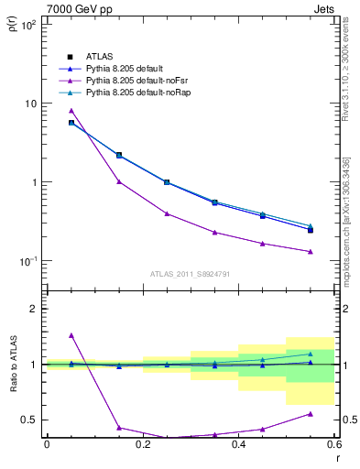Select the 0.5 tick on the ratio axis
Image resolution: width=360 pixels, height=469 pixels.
coord(30,420)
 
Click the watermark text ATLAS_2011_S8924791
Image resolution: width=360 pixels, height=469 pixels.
coord(191,273)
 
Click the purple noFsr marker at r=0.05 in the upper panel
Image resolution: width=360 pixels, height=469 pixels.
coord(71,111)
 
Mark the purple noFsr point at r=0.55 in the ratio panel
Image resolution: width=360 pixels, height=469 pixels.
coord(311,414)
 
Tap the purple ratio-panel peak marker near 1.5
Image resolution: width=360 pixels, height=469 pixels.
coord(71,335)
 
